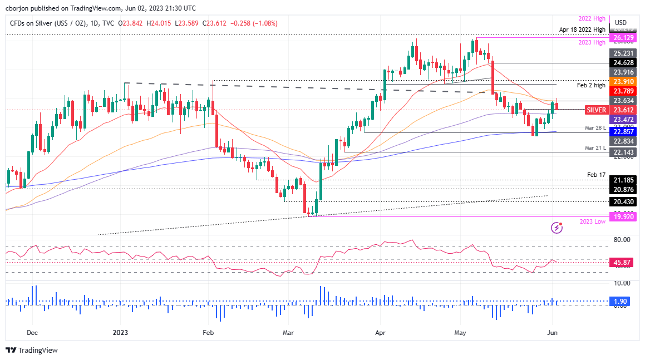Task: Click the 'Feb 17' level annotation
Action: (597, 175)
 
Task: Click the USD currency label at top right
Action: (621, 23)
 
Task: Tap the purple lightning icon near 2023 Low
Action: (556, 227)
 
